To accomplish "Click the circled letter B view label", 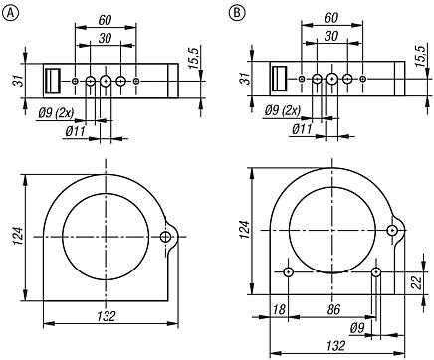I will [x=236, y=12].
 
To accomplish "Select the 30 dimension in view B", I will [x=331, y=36].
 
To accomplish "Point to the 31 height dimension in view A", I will [x=14, y=80].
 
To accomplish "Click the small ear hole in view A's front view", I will [x=166, y=236].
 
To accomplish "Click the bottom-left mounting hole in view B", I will [x=288, y=271].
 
